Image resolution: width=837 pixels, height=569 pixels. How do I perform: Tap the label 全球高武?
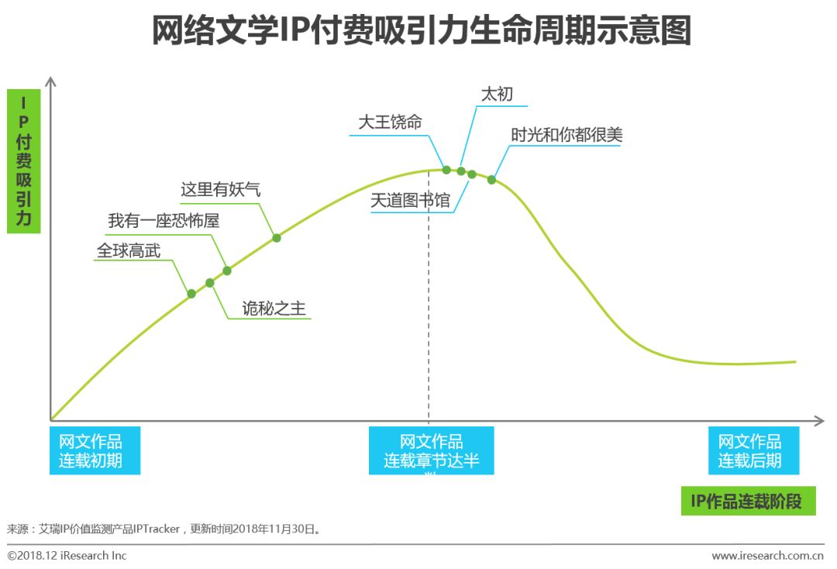click(129, 250)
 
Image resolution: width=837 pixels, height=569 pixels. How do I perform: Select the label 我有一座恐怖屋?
click(164, 221)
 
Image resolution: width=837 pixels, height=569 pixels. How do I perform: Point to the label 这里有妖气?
click(221, 190)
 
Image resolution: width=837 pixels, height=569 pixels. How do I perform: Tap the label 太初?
click(497, 95)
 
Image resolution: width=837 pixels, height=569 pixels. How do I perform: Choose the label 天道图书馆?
click(410, 201)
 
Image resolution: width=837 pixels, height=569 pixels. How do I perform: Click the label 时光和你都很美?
click(567, 135)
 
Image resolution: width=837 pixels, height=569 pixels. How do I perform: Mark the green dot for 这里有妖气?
click(277, 238)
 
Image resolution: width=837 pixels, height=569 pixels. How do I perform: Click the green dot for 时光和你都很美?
click(491, 180)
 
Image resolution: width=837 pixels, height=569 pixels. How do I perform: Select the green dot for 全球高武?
click(191, 294)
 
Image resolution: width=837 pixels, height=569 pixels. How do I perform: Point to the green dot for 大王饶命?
click(446, 170)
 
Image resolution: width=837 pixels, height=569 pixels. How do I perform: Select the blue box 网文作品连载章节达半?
click(431, 451)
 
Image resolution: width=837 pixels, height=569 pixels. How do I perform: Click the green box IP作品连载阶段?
click(747, 501)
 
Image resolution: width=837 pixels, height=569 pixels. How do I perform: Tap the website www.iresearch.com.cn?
click(767, 555)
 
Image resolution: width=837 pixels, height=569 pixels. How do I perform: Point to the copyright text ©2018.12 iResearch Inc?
click(67, 555)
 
